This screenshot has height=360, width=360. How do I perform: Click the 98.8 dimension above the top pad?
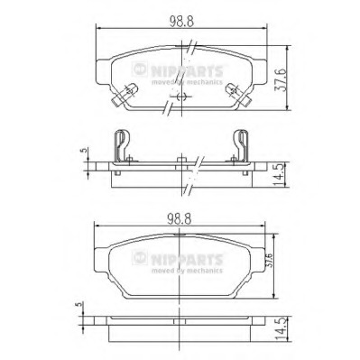(x=181, y=21)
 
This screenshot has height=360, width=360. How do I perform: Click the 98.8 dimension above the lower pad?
(x=180, y=218)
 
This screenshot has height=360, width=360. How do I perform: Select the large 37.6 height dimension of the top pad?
(x=281, y=78)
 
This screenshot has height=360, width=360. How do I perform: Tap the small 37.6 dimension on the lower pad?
(x=270, y=260)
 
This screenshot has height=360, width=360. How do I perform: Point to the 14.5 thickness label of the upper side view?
(x=280, y=175)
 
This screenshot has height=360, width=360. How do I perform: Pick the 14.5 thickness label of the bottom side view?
(x=281, y=329)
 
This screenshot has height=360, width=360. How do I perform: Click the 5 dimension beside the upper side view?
(x=85, y=150)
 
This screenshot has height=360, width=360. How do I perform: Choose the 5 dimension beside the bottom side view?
(x=79, y=304)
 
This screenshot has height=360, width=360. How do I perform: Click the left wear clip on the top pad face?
(x=125, y=94)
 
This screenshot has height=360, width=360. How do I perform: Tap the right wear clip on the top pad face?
(x=237, y=94)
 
